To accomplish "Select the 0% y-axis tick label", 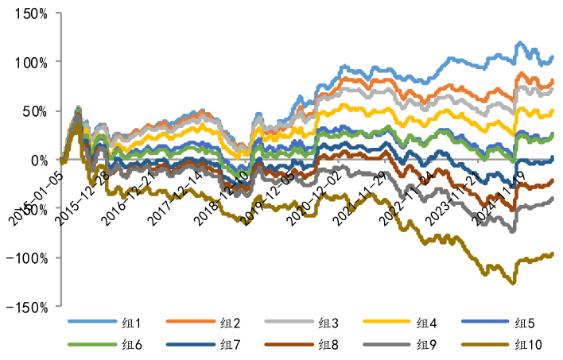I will tap(38, 160).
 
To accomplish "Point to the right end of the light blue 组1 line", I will tap(552, 57).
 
